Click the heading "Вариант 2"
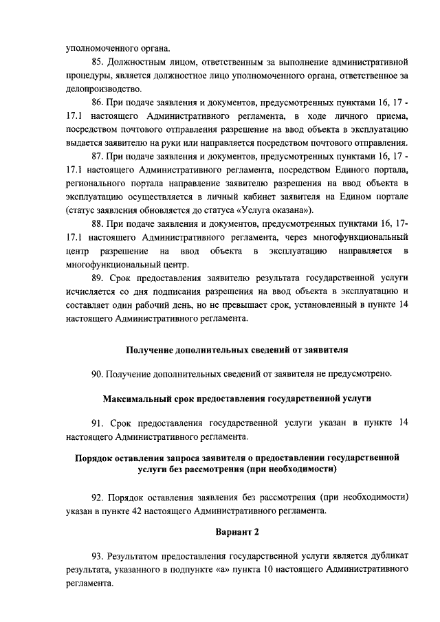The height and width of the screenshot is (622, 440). [x=237, y=532]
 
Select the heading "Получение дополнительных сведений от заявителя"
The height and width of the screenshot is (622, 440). [x=237, y=349]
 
